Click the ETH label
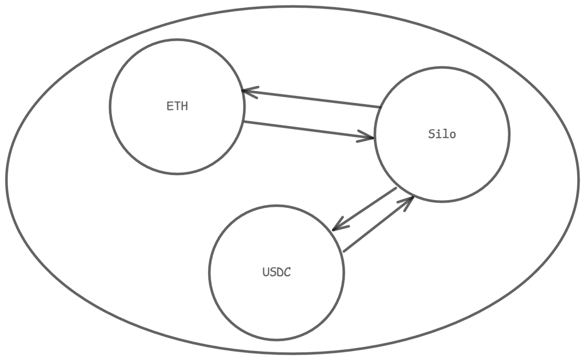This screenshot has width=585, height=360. point(177,106)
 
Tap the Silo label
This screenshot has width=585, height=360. point(442,134)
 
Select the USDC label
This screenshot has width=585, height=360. point(277,272)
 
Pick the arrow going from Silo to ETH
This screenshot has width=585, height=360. point(311,99)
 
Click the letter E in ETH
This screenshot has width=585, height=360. point(169,106)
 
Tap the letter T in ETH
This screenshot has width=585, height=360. point(177,106)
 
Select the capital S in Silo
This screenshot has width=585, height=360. point(431,134)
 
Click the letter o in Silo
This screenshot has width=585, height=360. point(452,135)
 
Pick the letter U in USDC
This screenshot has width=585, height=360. point(266,272)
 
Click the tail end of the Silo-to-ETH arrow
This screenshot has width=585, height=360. point(380,107)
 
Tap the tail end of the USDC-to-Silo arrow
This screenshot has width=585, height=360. point(344,251)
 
